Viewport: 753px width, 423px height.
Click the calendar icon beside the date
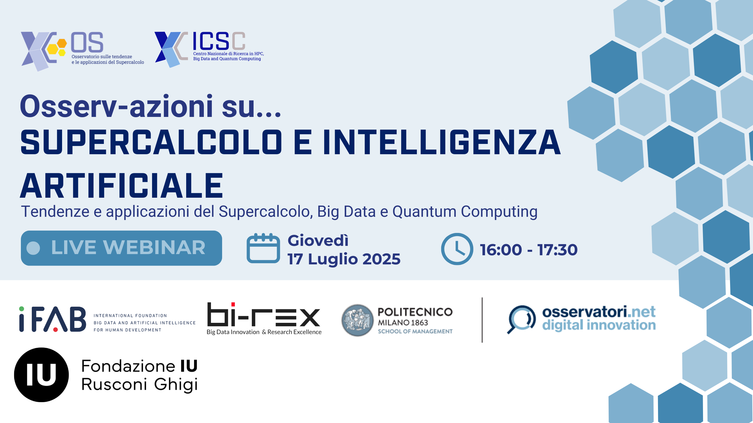pyautogui.click(x=263, y=248)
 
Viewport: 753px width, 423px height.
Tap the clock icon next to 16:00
pyautogui.click(x=457, y=249)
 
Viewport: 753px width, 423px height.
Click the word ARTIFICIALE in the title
pyautogui.click(x=122, y=186)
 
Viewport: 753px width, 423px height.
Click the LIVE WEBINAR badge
pyautogui.click(x=121, y=248)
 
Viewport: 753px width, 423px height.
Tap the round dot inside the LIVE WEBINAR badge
pyautogui.click(x=33, y=248)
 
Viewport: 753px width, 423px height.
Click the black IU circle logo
pyautogui.click(x=41, y=375)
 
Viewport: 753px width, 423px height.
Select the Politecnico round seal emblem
pyautogui.click(x=357, y=320)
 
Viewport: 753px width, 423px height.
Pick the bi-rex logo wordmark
pyautogui.click(x=264, y=314)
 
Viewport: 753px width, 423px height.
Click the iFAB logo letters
pyautogui.click(x=53, y=319)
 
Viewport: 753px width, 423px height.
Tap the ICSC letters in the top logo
pyautogui.click(x=219, y=41)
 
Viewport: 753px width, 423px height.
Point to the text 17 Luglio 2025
pyautogui.click(x=344, y=259)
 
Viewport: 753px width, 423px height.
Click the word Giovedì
pyautogui.click(x=318, y=240)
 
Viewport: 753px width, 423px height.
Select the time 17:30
pyautogui.click(x=557, y=250)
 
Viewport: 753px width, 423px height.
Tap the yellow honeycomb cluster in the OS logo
pyautogui.click(x=57, y=47)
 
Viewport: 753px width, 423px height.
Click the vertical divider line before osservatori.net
pyautogui.click(x=482, y=320)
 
